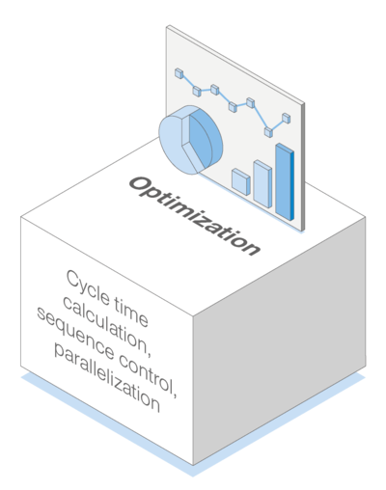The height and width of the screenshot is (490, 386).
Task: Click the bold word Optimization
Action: point(195,216)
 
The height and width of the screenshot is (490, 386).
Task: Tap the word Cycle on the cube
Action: point(88,287)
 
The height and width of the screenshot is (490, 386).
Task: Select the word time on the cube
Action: point(131,313)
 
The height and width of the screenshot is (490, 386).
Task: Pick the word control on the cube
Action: point(148,374)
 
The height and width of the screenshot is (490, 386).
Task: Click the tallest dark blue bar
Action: point(285,182)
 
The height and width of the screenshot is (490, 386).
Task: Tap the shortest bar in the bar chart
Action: point(241,181)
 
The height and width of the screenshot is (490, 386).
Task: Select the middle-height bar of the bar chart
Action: point(262,184)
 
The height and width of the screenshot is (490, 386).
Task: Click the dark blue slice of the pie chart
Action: point(205,138)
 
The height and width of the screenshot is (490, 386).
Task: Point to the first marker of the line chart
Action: point(179,73)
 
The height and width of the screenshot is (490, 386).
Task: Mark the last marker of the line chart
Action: point(287,119)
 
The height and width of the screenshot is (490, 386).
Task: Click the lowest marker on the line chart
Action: point(268,132)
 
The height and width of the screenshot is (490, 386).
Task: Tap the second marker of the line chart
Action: point(197,91)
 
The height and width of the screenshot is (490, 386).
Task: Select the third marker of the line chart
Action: point(215,90)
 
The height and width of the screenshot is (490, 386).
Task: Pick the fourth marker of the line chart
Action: point(233,106)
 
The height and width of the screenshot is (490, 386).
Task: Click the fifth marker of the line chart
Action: point(251,102)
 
